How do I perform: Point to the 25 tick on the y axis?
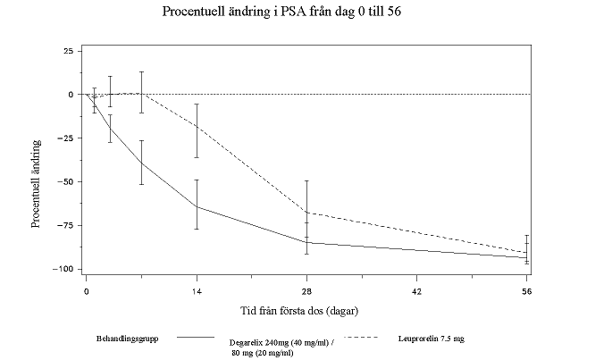(x=68, y=51)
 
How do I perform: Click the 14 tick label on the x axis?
(x=197, y=290)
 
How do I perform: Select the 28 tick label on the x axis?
(x=306, y=290)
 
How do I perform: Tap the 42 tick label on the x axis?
(x=416, y=290)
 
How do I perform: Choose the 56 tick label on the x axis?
(x=526, y=290)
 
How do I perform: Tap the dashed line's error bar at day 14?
(x=197, y=130)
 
